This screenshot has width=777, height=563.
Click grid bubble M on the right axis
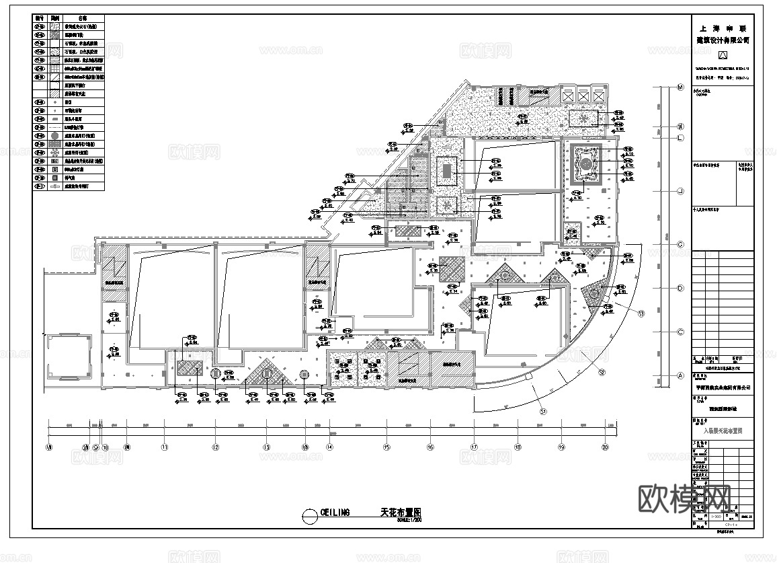680,87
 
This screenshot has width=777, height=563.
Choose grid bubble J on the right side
680,192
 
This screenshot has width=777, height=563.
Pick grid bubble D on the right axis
680,289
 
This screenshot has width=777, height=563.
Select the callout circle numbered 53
641,313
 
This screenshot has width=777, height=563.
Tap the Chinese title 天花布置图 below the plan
397,513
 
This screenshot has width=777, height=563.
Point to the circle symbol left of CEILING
309,516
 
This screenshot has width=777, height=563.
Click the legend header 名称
83,19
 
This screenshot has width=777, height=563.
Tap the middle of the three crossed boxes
584,96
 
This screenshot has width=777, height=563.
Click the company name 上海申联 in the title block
723,29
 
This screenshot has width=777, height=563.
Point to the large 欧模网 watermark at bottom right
684,498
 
